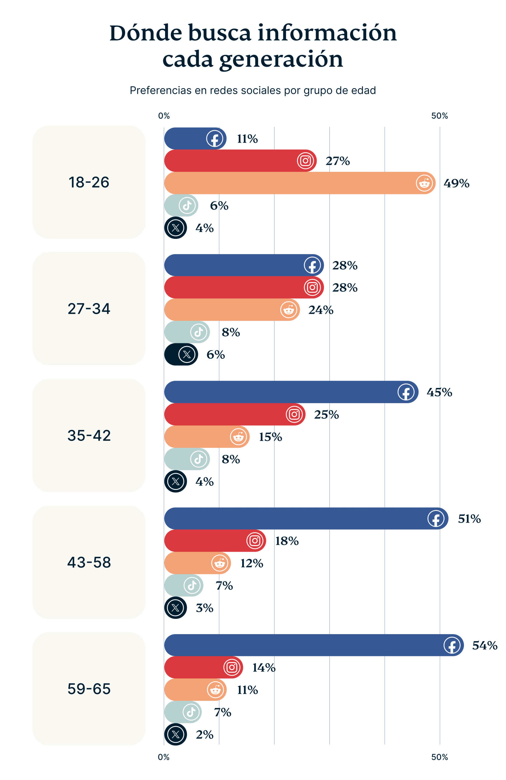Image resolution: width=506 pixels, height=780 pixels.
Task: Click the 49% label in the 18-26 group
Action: [x=456, y=183]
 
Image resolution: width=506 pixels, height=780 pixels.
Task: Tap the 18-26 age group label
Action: [x=89, y=182]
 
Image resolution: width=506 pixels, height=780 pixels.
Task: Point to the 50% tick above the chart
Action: [x=439, y=116]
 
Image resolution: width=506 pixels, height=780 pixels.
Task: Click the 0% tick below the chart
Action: [x=164, y=757]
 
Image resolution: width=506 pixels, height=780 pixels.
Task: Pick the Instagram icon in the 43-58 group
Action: [x=255, y=541]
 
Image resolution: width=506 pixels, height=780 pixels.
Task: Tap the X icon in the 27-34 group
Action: [x=187, y=354]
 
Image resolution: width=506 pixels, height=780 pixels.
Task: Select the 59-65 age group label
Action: [x=89, y=689]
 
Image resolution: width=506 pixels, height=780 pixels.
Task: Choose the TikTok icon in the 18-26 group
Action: [x=187, y=205]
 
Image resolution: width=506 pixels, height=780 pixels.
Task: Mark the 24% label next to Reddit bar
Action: [x=320, y=310]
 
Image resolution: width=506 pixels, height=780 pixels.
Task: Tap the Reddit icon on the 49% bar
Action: [x=424, y=183]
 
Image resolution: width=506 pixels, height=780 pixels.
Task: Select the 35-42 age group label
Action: [x=89, y=436]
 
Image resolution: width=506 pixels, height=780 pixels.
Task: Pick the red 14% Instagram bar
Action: [x=193, y=667]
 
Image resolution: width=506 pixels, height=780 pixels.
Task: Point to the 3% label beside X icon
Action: [x=204, y=608]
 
